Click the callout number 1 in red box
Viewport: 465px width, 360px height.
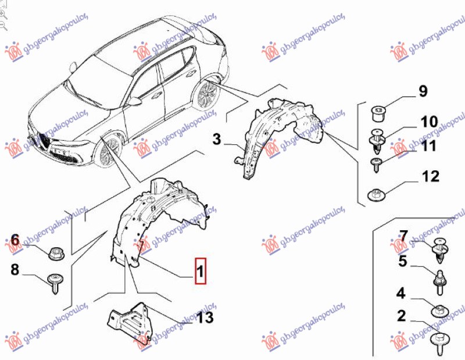click(x=200, y=270)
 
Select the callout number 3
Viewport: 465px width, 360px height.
click(x=216, y=140)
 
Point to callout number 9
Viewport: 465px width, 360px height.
click(x=423, y=91)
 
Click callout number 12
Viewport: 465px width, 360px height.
click(x=431, y=176)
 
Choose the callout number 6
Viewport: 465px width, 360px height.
click(x=15, y=240)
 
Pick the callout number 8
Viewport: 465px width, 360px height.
click(x=15, y=269)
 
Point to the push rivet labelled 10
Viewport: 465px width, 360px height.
click(x=378, y=140)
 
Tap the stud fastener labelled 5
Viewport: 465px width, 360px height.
click(x=439, y=278)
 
